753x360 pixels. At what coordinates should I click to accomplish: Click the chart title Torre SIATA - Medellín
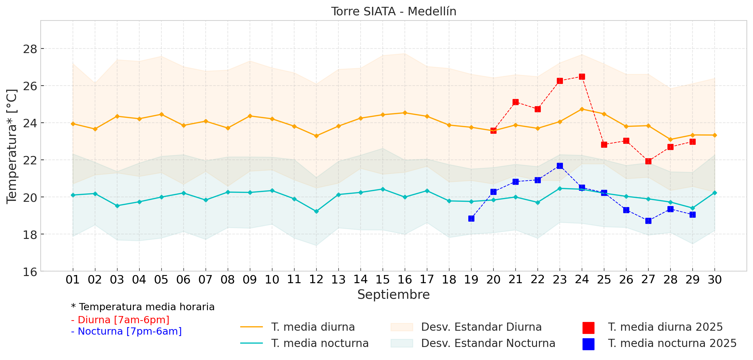pos(393,11)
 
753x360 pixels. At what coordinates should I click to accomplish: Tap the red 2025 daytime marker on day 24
pos(582,77)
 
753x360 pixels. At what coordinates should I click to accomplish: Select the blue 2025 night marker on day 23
pos(560,166)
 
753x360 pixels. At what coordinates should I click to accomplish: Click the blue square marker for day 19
pos(471,218)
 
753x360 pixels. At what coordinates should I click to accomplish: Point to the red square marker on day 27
pos(648,161)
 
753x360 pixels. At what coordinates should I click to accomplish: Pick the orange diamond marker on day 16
pos(405,113)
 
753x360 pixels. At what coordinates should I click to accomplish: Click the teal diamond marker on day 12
pos(316,211)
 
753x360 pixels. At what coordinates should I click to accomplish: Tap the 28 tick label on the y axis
pos(30,49)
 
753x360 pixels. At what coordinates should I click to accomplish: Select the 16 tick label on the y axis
pos(30,272)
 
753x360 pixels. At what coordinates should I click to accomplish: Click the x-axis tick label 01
pos(73,280)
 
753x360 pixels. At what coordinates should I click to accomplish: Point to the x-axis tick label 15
pos(382,280)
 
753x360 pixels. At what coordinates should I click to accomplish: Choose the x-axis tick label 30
pos(715,280)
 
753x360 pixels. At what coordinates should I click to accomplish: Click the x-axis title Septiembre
pos(393,295)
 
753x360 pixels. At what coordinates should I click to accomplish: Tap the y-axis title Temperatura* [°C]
pos(12,146)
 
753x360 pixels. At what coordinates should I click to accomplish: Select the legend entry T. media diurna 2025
pos(665,327)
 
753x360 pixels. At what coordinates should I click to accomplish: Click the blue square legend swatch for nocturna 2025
pos(588,344)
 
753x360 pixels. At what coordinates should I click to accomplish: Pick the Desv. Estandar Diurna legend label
pos(481,327)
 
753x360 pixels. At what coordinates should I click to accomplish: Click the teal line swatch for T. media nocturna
pos(251,343)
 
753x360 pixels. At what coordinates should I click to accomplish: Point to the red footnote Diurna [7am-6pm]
pos(120,320)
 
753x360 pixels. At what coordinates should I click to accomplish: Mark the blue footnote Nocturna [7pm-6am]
pos(126,331)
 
